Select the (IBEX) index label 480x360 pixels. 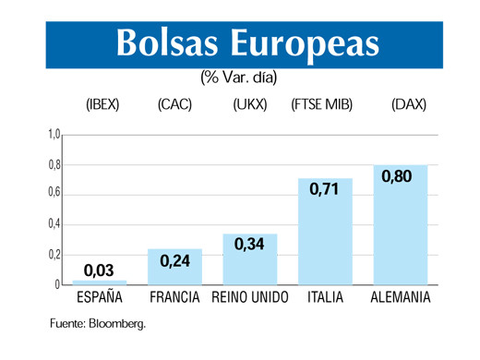click(x=102, y=104)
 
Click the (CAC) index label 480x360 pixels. click(x=175, y=104)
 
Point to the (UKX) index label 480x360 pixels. click(x=250, y=104)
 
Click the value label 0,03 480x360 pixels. click(x=99, y=270)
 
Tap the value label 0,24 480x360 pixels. click(x=175, y=260)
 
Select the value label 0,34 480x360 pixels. click(x=250, y=246)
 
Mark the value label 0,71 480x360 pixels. click(x=325, y=189)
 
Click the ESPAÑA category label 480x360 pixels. click(x=100, y=298)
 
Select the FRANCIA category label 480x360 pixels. click(x=175, y=298)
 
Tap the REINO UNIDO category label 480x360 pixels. click(x=250, y=298)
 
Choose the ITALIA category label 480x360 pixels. click(x=325, y=298)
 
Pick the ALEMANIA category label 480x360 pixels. click(x=401, y=298)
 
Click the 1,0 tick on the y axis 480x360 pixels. click(x=54, y=135)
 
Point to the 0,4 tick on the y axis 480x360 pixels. click(x=54, y=224)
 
